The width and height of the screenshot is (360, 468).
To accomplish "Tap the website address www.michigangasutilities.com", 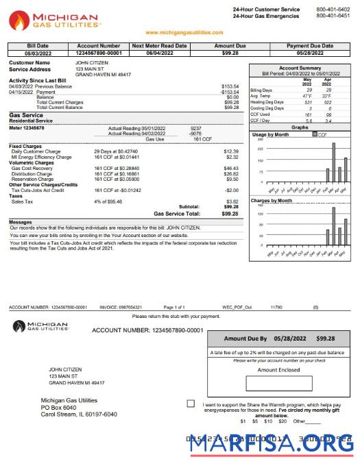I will (x=184, y=32).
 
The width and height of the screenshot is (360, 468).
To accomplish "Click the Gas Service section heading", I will (x=25, y=115).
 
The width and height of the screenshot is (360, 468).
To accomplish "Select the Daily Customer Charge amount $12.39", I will (x=231, y=151).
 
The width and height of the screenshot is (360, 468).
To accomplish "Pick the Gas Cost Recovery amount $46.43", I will (x=231, y=167).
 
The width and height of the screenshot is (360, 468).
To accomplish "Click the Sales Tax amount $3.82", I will (x=232, y=201).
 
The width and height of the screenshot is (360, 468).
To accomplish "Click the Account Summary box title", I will (x=300, y=69).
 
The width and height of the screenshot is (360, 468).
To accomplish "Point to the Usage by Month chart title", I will (x=270, y=135).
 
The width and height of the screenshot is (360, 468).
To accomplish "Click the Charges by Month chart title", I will (x=272, y=201).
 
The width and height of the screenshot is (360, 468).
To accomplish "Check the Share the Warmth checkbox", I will (x=190, y=404).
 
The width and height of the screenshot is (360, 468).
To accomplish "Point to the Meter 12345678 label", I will (x=27, y=127).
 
